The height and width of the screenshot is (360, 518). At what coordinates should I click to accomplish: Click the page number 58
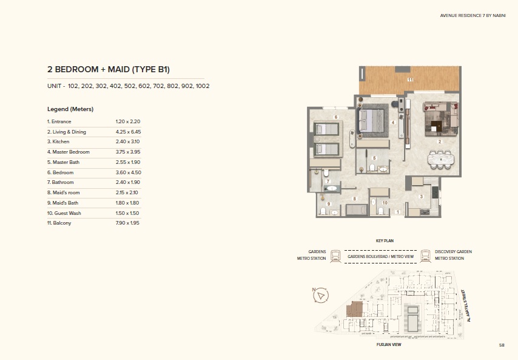(502, 345)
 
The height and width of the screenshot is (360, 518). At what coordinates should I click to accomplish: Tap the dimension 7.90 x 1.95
(128, 223)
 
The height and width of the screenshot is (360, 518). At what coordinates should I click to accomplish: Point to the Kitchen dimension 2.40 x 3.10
(128, 141)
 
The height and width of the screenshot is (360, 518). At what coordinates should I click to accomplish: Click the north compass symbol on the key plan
(320, 296)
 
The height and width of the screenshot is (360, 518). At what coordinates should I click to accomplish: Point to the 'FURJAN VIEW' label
(389, 344)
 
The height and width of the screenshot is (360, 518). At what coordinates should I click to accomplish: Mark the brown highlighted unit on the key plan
(353, 309)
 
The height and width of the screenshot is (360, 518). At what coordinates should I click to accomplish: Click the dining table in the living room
(442, 159)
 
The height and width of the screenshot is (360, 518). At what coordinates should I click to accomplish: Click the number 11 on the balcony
(410, 80)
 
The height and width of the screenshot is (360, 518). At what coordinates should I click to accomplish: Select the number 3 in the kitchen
(422, 196)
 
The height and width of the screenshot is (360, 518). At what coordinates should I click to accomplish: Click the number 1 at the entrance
(397, 212)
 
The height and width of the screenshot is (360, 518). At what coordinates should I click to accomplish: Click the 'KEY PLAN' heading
(385, 241)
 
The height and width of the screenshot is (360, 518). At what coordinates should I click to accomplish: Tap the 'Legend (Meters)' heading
(70, 109)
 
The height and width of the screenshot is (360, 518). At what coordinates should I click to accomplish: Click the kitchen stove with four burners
(425, 211)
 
